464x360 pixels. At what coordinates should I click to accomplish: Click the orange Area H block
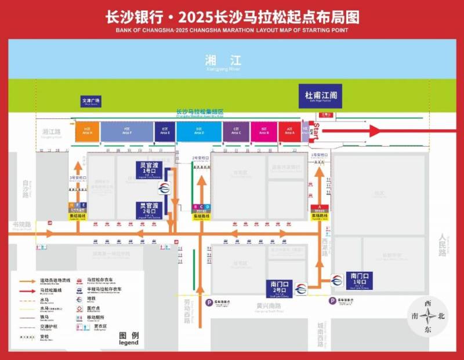(x=88, y=131)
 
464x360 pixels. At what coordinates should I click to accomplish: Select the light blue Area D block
(x=200, y=131)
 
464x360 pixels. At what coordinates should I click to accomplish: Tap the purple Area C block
(x=236, y=131)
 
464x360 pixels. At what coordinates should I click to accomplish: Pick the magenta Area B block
(x=264, y=131)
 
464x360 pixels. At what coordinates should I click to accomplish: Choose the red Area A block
(x=289, y=131)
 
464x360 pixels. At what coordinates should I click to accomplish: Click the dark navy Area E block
(x=165, y=131)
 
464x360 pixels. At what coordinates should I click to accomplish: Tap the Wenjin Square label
(x=90, y=101)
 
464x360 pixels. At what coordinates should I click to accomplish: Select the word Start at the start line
(x=317, y=131)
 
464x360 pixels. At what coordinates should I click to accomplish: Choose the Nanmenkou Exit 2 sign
(x=279, y=288)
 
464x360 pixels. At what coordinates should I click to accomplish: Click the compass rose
(x=429, y=317)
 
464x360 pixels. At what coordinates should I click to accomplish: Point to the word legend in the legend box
(x=129, y=342)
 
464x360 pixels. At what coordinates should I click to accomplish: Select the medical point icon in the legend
(x=79, y=308)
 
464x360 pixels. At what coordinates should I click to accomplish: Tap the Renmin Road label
(x=444, y=245)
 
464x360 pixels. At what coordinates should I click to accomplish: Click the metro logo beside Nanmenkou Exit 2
(x=300, y=288)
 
